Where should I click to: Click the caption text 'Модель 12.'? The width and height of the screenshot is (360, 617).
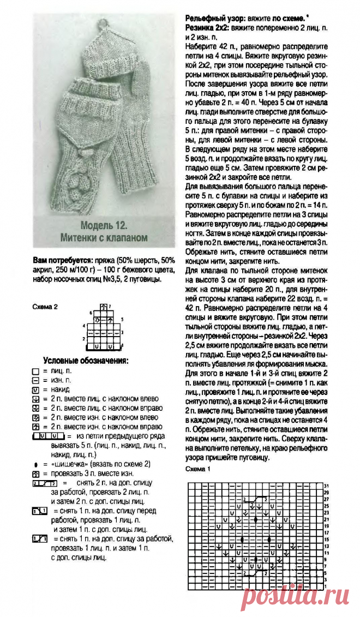click(104, 226)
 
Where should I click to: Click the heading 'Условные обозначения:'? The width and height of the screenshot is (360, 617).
click(86, 361)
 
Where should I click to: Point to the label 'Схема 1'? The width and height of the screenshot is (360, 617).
click(195, 469)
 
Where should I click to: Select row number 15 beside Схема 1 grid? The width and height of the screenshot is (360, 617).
click(326, 538)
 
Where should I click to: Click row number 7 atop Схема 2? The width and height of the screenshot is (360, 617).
click(110, 306)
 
